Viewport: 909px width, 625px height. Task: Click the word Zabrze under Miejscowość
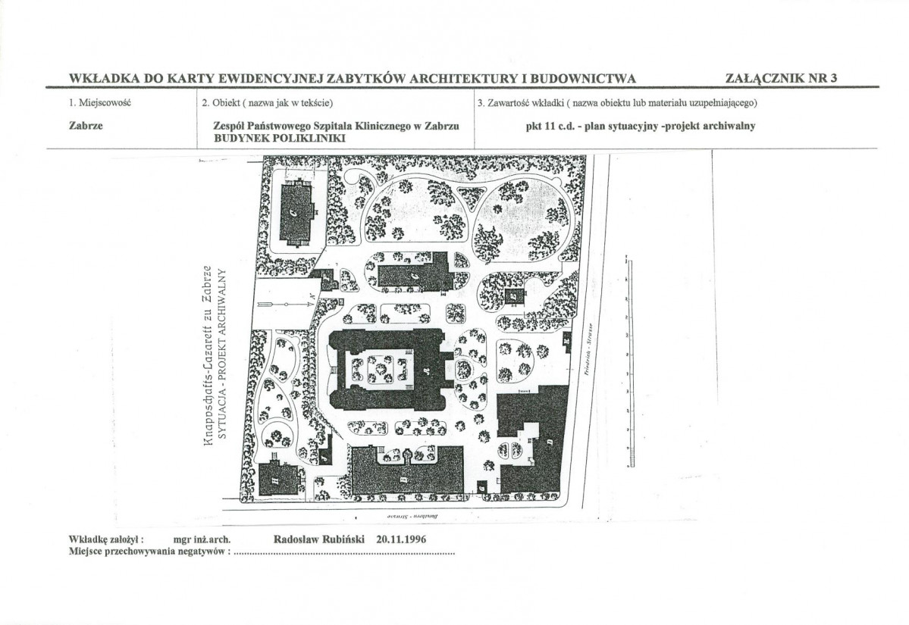pos(86,127)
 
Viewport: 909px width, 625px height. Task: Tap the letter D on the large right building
pos(547,441)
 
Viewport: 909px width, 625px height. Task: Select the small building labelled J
pos(324,458)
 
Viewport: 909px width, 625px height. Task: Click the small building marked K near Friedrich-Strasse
pos(567,342)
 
